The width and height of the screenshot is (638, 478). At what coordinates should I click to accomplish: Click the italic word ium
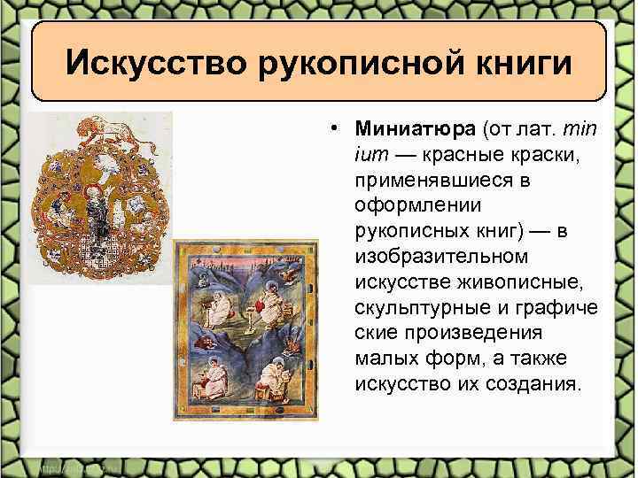coord(370,158)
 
